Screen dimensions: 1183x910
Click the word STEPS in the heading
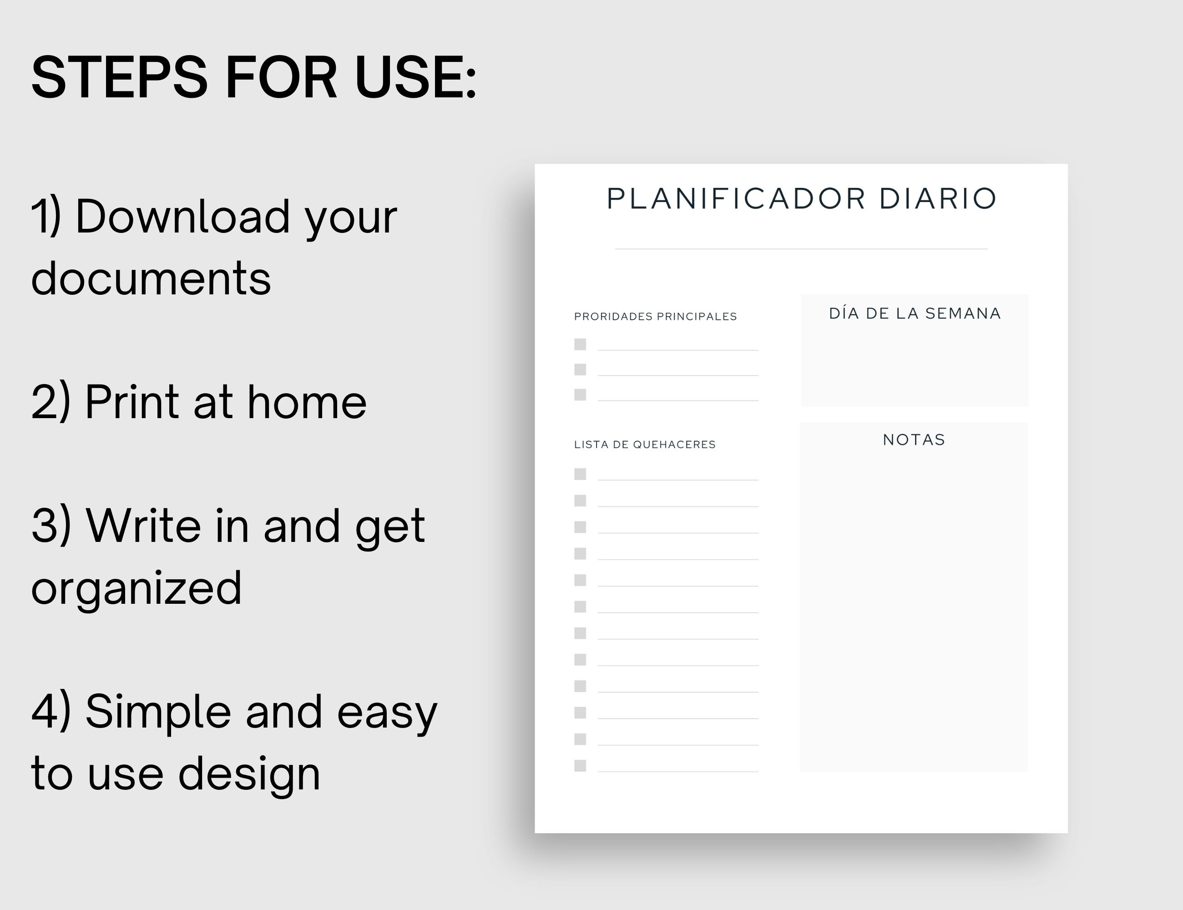[x=120, y=77]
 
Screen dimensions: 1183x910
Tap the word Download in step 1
[x=182, y=216]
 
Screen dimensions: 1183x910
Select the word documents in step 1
[x=151, y=278]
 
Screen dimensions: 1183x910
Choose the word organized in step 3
[x=136, y=588]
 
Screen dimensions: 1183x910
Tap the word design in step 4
[x=249, y=773]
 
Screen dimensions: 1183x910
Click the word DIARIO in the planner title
[x=938, y=198]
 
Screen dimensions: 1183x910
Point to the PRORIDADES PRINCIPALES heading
[x=655, y=316]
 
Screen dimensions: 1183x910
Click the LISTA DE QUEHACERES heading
[x=645, y=445]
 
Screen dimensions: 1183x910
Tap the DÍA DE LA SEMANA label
[x=915, y=313]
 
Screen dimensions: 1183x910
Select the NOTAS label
[x=915, y=440]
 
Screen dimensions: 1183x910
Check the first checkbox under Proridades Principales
[x=580, y=344]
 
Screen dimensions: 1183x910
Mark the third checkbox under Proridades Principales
[x=580, y=395]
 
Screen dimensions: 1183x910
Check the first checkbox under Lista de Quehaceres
[x=580, y=474]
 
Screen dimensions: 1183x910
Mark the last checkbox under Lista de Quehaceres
[x=580, y=765]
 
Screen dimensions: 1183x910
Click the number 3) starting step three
[x=51, y=526]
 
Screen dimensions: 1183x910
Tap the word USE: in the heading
[x=415, y=77]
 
